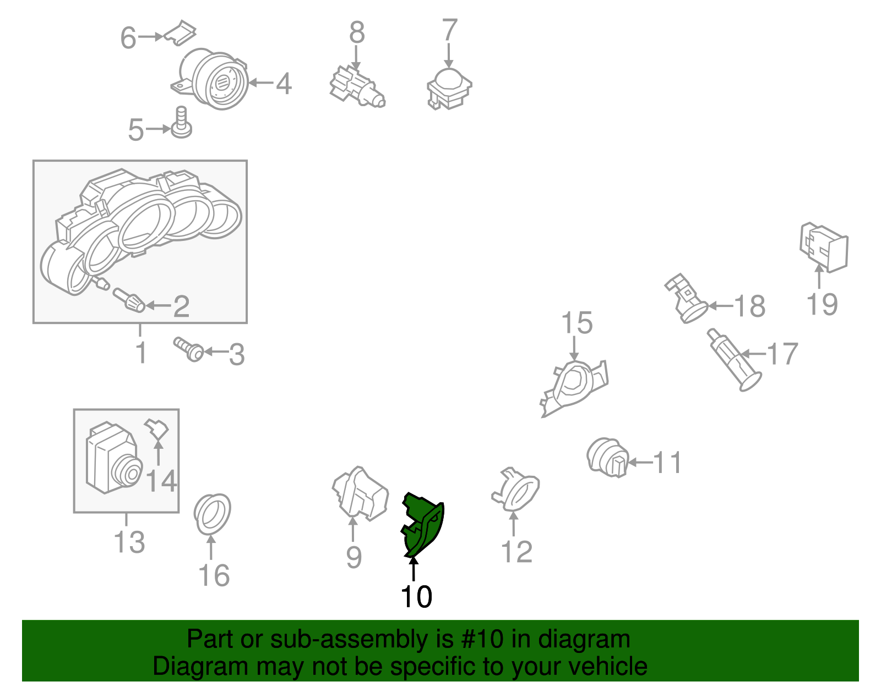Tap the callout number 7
(x=449, y=30)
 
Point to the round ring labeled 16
(x=212, y=514)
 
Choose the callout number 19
(x=822, y=304)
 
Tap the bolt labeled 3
(x=189, y=349)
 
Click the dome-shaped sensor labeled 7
(x=449, y=90)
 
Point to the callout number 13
(x=129, y=542)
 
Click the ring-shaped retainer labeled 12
(x=515, y=490)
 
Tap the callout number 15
(x=577, y=323)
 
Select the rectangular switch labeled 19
(x=823, y=247)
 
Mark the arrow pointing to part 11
(x=640, y=462)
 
